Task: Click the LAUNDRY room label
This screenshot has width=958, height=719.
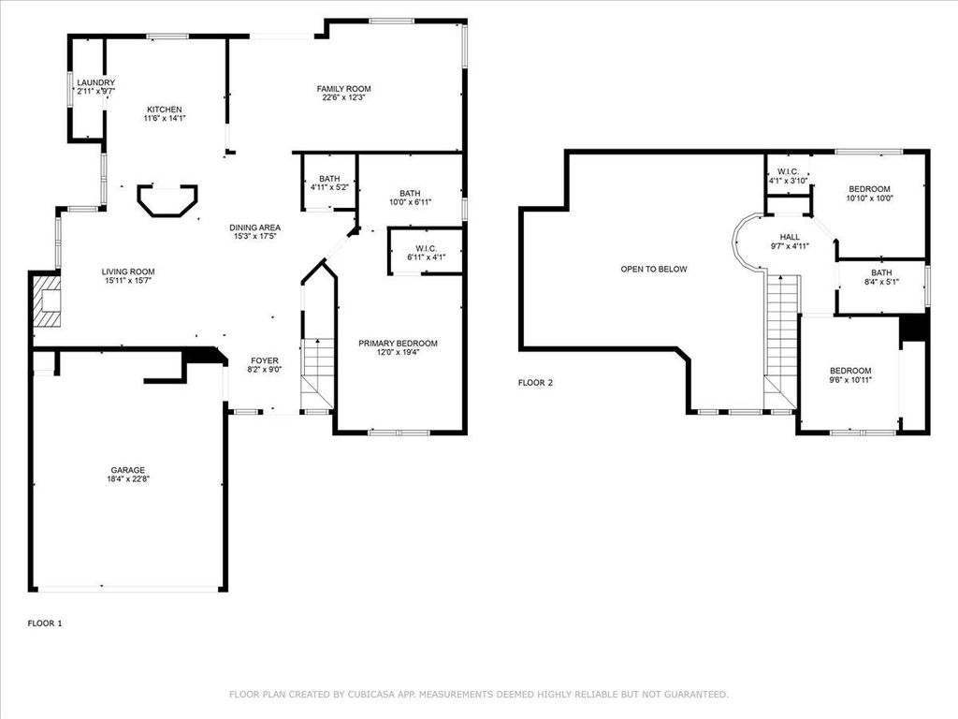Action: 96,82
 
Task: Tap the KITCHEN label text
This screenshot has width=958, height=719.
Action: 165,110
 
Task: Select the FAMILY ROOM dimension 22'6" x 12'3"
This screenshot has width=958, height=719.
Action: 344,97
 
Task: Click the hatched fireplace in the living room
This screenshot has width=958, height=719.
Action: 48,302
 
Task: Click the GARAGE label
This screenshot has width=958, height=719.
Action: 128,470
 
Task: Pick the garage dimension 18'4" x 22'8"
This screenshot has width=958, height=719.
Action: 128,479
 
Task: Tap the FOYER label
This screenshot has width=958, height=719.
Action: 265,360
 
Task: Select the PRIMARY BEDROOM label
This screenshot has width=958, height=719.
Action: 398,344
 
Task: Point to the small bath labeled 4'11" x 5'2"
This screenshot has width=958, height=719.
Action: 329,183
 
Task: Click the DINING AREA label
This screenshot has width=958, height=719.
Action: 254,227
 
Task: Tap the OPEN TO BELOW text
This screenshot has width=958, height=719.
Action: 654,269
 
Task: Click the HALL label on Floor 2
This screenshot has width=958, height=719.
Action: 790,237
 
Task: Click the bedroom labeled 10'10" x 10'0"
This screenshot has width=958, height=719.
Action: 870,193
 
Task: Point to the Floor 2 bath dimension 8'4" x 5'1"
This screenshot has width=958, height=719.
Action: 881,282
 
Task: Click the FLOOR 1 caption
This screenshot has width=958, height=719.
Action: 45,624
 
